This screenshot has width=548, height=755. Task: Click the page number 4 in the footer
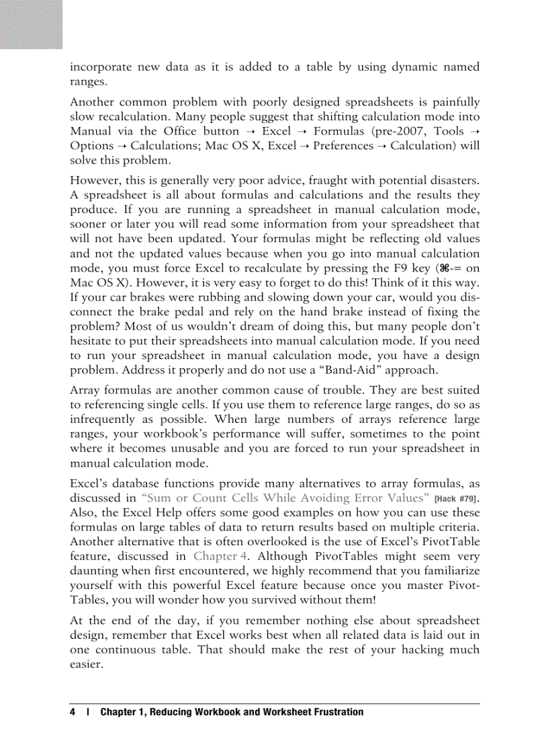[x=72, y=712]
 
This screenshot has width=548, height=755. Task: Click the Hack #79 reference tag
[x=457, y=499]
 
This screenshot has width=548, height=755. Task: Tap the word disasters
[x=452, y=181]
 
